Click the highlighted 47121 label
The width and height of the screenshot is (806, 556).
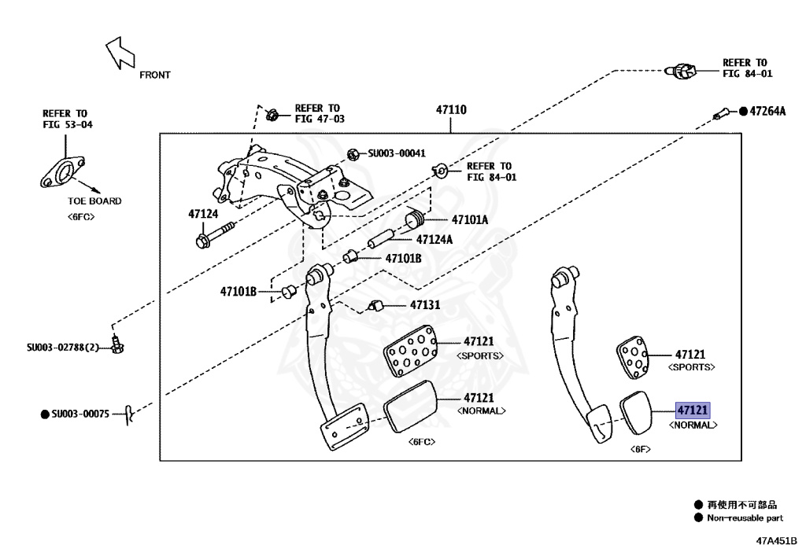pyautogui.click(x=693, y=411)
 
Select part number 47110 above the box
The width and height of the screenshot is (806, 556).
pyautogui.click(x=452, y=110)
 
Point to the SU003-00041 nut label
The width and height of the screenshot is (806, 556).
pyautogui.click(x=397, y=153)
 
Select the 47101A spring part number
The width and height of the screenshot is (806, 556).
pyautogui.click(x=470, y=220)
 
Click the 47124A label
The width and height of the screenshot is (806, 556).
pyautogui.click(x=434, y=239)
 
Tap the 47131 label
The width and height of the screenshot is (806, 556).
pyautogui.click(x=425, y=304)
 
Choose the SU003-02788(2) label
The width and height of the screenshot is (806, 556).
pyautogui.click(x=62, y=347)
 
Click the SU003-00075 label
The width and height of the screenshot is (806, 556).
pyautogui.click(x=80, y=413)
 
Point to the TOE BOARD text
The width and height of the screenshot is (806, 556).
pyautogui.click(x=94, y=201)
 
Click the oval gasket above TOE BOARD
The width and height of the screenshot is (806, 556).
pyautogui.click(x=63, y=172)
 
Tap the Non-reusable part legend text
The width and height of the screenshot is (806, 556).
pyautogui.click(x=744, y=518)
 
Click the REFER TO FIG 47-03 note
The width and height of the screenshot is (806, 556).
pyautogui.click(x=317, y=113)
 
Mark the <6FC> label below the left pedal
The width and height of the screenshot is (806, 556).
pyautogui.click(x=422, y=442)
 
